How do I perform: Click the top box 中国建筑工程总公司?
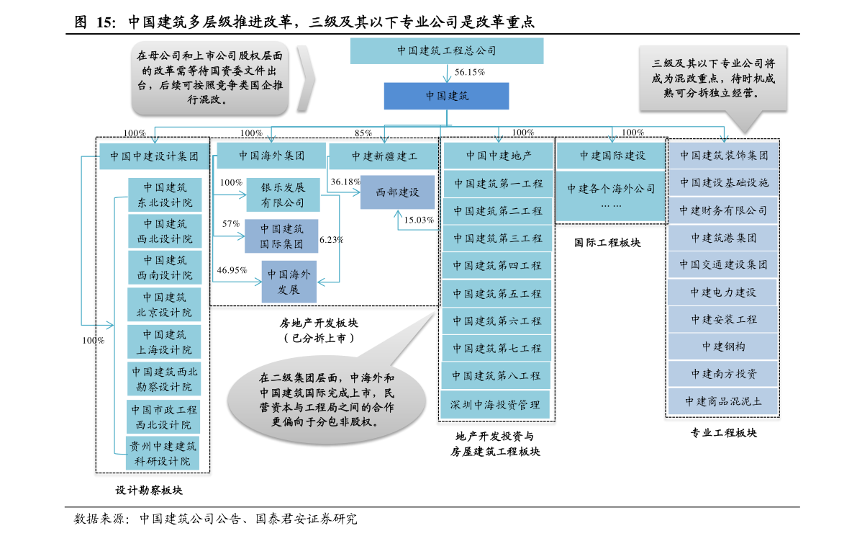click(x=446, y=51)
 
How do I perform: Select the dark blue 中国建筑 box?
click(x=446, y=96)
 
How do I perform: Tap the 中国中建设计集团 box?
click(x=154, y=156)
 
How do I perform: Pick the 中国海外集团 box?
click(x=271, y=156)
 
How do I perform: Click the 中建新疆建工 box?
click(x=384, y=156)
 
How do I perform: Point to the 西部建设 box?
click(x=397, y=192)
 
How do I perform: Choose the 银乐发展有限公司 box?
click(x=282, y=195)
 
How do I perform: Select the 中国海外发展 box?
click(x=289, y=282)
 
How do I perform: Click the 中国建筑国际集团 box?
click(x=281, y=236)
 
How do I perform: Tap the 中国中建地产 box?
click(x=498, y=156)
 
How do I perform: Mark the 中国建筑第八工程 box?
click(x=496, y=376)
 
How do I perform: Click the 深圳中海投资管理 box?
click(x=495, y=405)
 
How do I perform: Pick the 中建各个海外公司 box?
click(x=611, y=195)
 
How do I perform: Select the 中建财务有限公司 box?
click(x=723, y=211)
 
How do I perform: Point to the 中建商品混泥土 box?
click(x=723, y=401)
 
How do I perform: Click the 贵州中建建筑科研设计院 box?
click(x=162, y=454)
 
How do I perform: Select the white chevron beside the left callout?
click(x=306, y=78)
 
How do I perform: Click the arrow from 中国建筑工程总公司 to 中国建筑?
click(x=447, y=73)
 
